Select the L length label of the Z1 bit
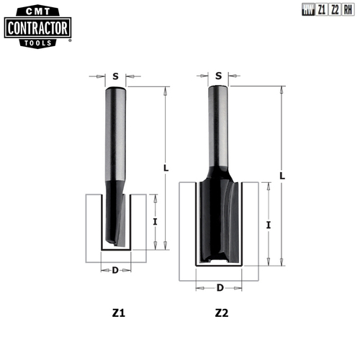(x=166, y=168)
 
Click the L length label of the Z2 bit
(x=282, y=175)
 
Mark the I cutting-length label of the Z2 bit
(x=269, y=225)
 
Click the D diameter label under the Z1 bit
(x=115, y=271)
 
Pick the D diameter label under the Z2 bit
(x=219, y=287)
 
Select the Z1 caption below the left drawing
(x=119, y=314)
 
